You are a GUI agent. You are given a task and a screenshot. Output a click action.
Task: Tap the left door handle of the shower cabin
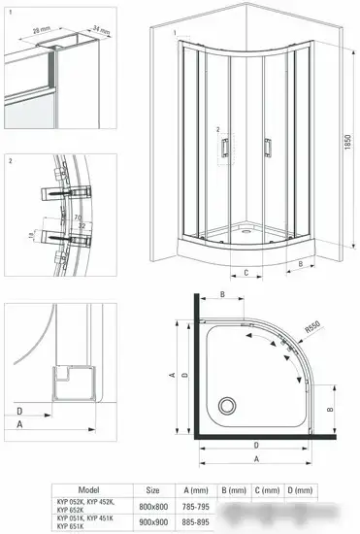pyautogui.click(x=224, y=147)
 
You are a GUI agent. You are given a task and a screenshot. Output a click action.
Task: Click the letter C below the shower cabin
pyautogui.click(x=245, y=273)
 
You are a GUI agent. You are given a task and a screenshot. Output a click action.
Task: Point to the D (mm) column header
pyautogui.click(x=305, y=491)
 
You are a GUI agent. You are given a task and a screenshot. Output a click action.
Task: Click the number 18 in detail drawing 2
pyautogui.click(x=33, y=235)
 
